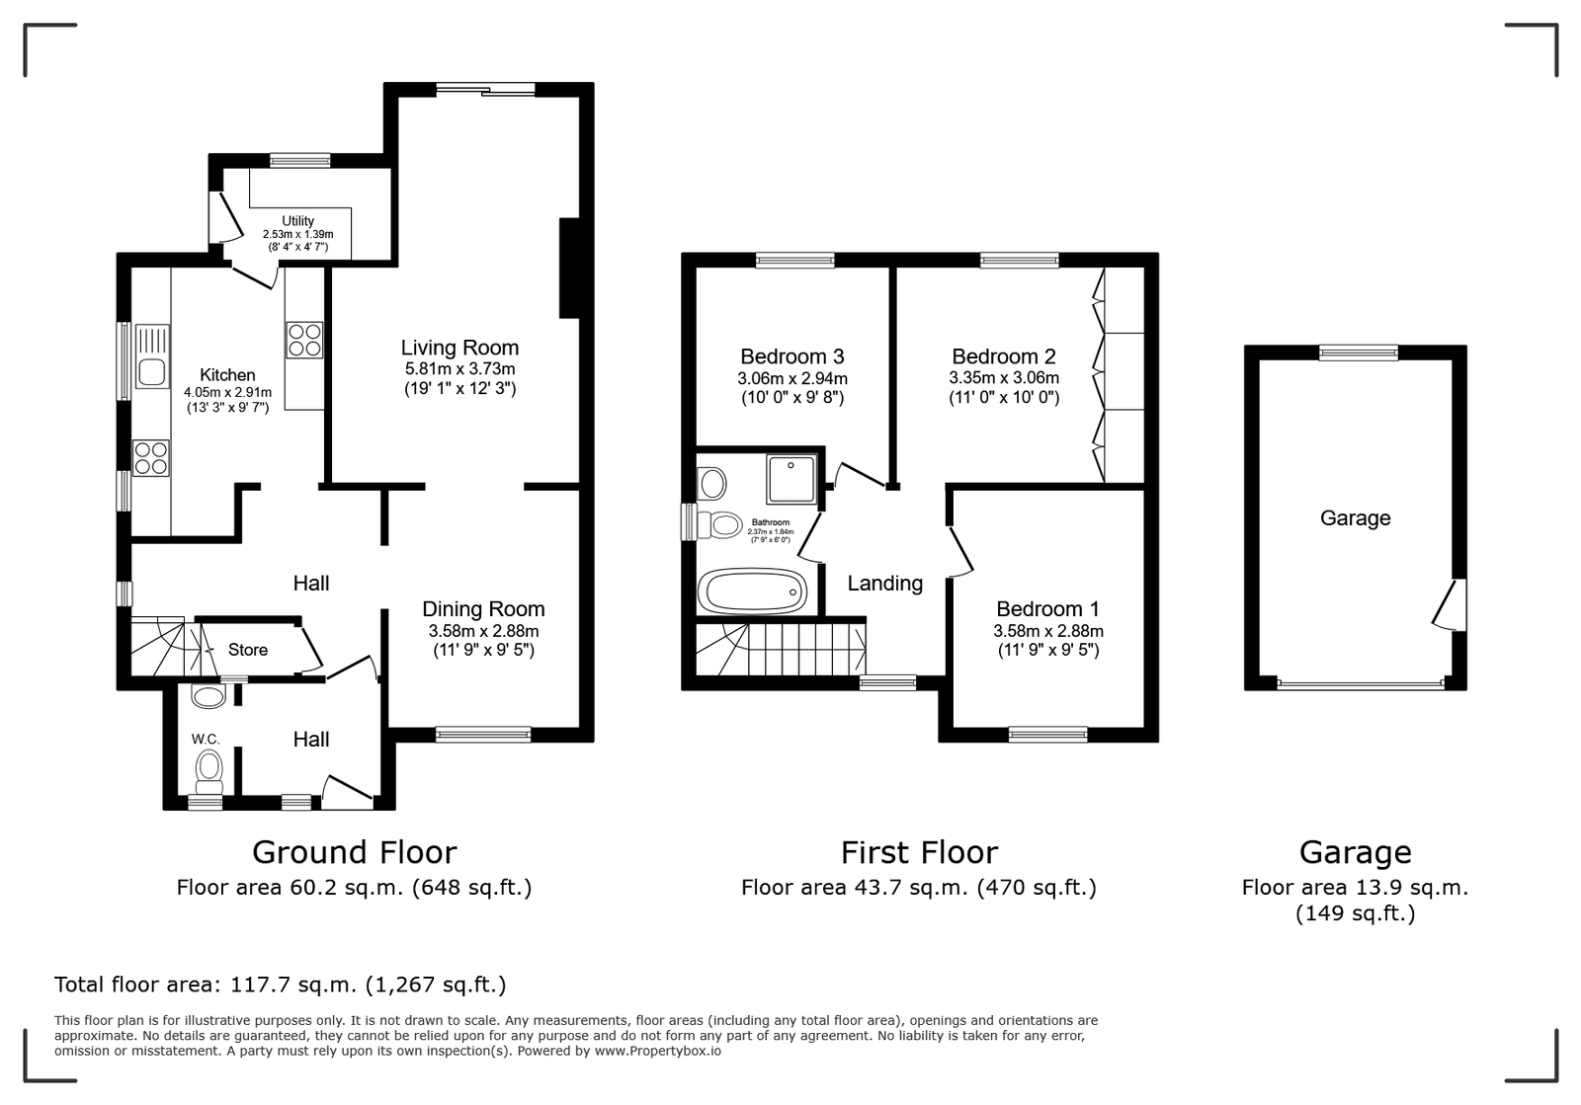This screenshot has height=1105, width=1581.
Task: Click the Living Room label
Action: (x=459, y=348)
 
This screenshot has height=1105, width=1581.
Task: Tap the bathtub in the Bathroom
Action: (x=752, y=591)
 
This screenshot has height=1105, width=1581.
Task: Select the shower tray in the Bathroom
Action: (x=791, y=479)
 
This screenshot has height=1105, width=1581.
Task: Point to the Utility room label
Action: (x=297, y=221)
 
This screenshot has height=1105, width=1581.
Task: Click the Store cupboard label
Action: (x=248, y=650)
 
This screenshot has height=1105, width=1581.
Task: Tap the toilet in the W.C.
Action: (x=208, y=772)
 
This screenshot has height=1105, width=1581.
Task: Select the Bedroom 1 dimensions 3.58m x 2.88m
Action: (x=1048, y=631)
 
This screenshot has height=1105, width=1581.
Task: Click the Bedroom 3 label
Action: (x=791, y=356)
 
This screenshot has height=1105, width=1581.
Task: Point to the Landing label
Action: (x=885, y=584)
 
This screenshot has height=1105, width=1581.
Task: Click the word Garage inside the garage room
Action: (x=1355, y=518)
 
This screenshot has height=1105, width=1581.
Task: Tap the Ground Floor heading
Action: (x=355, y=852)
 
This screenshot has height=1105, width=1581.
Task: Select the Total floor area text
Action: (x=281, y=985)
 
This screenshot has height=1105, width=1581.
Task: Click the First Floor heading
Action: (x=919, y=852)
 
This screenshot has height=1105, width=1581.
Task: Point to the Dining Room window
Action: (x=483, y=735)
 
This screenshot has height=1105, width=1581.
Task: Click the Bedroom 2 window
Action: (x=1020, y=261)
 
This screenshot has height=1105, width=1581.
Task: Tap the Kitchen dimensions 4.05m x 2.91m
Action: (x=227, y=392)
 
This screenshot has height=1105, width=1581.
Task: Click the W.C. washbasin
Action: (x=208, y=697)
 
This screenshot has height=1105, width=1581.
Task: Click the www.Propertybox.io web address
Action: (x=658, y=1051)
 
